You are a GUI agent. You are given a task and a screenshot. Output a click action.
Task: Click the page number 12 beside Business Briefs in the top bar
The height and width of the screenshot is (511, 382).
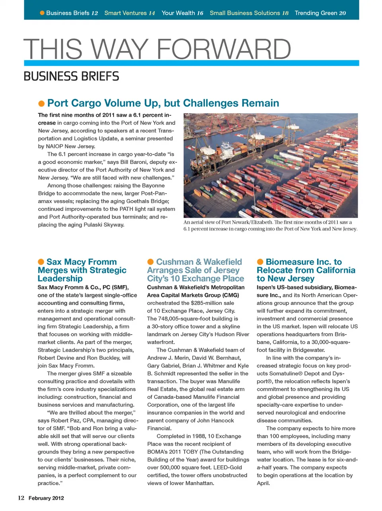coord(94,13)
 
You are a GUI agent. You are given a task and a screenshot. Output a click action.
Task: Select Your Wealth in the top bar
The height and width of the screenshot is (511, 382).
coord(178,13)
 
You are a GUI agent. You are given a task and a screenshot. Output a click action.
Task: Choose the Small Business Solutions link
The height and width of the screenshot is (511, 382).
coord(245,13)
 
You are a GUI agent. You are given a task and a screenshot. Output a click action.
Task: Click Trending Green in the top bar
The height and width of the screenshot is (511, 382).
coord(316,13)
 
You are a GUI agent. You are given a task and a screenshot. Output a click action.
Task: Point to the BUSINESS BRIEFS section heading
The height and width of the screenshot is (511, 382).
coord(71,76)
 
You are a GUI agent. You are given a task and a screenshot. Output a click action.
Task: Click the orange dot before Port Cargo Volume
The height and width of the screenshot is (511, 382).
coord(41,103)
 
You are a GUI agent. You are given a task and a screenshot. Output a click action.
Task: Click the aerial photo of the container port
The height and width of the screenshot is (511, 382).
coord(271,165)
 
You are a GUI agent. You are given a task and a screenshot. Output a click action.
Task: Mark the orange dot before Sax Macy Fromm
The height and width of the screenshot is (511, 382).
coord(41,261)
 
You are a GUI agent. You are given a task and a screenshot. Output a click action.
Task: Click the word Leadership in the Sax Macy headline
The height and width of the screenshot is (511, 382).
coord(60,279)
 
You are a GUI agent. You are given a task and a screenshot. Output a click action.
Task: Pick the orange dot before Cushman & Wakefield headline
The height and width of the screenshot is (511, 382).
coord(150,261)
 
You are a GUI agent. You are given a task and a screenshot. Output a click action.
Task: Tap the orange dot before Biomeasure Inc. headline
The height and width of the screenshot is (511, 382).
coord(260,261)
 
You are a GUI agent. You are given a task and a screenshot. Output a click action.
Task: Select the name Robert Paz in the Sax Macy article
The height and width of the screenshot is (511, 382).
coord(65,420)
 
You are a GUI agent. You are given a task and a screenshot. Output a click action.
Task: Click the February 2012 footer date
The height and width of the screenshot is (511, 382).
coord(46,498)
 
